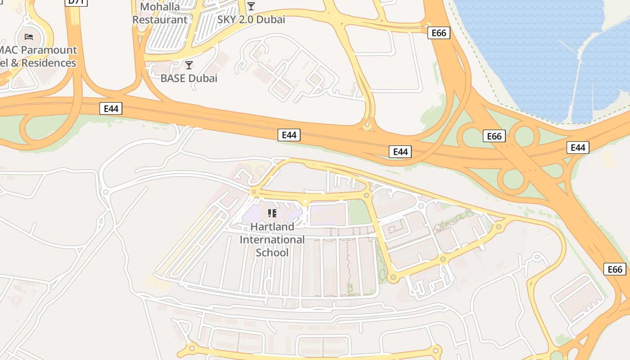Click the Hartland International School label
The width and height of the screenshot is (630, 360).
pyautogui.click(x=272, y=239)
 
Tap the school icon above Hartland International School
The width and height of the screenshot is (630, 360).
pyautogui.click(x=272, y=213)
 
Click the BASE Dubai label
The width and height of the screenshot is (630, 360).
pyautogui.click(x=189, y=78)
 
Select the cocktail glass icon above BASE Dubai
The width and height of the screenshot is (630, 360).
pyautogui.click(x=189, y=65)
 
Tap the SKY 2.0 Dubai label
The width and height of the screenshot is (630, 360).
pyautogui.click(x=251, y=19)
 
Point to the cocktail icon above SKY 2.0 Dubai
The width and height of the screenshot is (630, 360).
pyautogui.click(x=251, y=6)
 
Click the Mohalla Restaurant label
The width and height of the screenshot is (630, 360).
pyautogui.click(x=160, y=13)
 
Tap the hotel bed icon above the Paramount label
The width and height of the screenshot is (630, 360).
pyautogui.click(x=29, y=36)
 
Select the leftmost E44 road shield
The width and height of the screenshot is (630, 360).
pyautogui.click(x=111, y=108)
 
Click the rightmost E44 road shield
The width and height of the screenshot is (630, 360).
pyautogui.click(x=577, y=148)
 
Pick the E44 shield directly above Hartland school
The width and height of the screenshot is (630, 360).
pyautogui.click(x=289, y=135)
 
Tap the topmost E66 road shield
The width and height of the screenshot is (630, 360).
pyautogui.click(x=438, y=33)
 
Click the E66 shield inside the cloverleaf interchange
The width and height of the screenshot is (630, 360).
pyautogui.click(x=494, y=136)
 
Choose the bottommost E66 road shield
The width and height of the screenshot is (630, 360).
pyautogui.click(x=615, y=269)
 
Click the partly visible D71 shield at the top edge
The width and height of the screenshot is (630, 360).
pyautogui.click(x=76, y=2)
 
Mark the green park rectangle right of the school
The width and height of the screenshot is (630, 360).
pyautogui.click(x=360, y=212)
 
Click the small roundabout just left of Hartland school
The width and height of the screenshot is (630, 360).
pyautogui.click(x=255, y=192)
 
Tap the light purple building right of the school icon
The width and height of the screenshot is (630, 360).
pyautogui.click(x=328, y=214)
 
